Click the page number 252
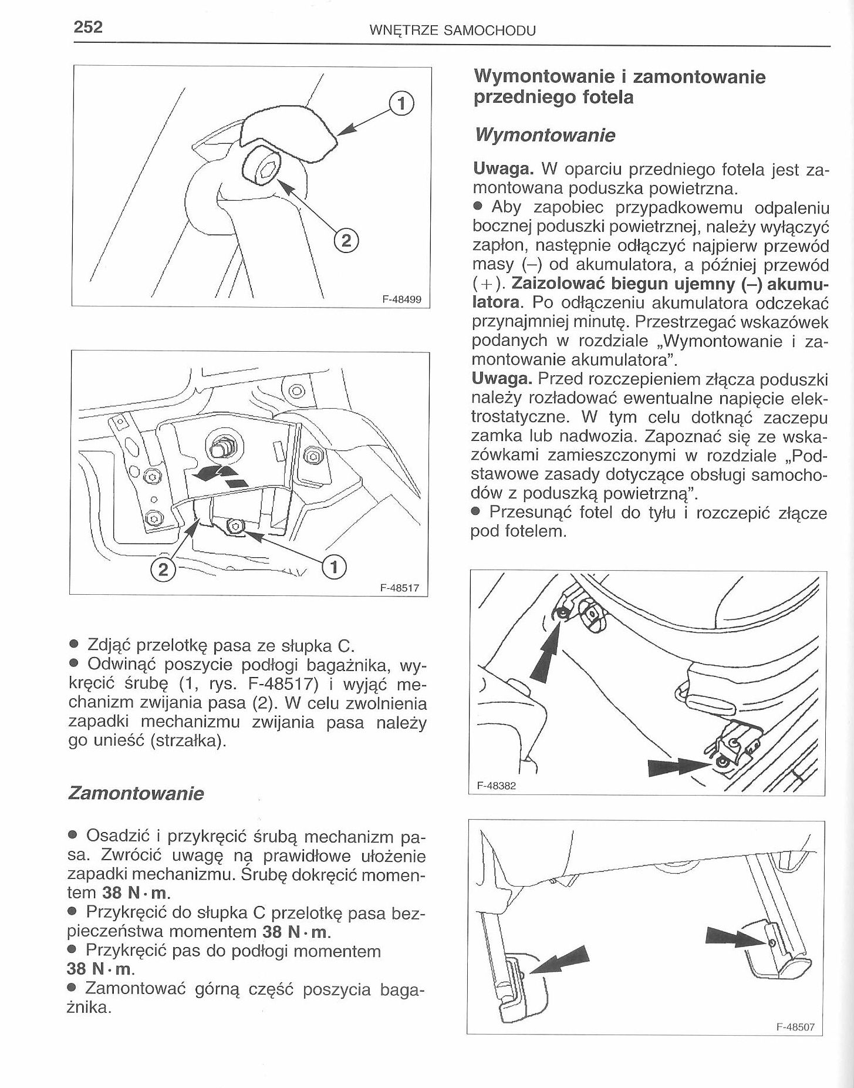87,28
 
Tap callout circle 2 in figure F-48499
346,240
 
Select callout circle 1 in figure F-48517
334,567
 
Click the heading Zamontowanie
136,794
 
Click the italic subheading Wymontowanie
544,136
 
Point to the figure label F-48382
496,786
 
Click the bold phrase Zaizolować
557,284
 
